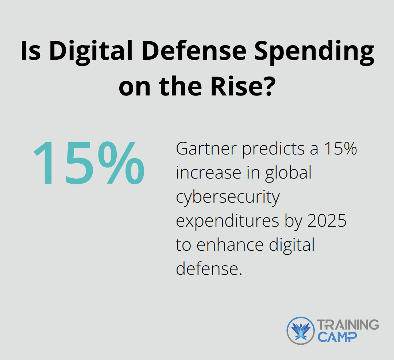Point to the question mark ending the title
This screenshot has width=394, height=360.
266,88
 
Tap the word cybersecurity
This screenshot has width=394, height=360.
228,197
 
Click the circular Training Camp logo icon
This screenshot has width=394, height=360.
300,330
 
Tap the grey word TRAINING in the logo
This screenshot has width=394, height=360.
347,325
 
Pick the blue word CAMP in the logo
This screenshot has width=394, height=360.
337,337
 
